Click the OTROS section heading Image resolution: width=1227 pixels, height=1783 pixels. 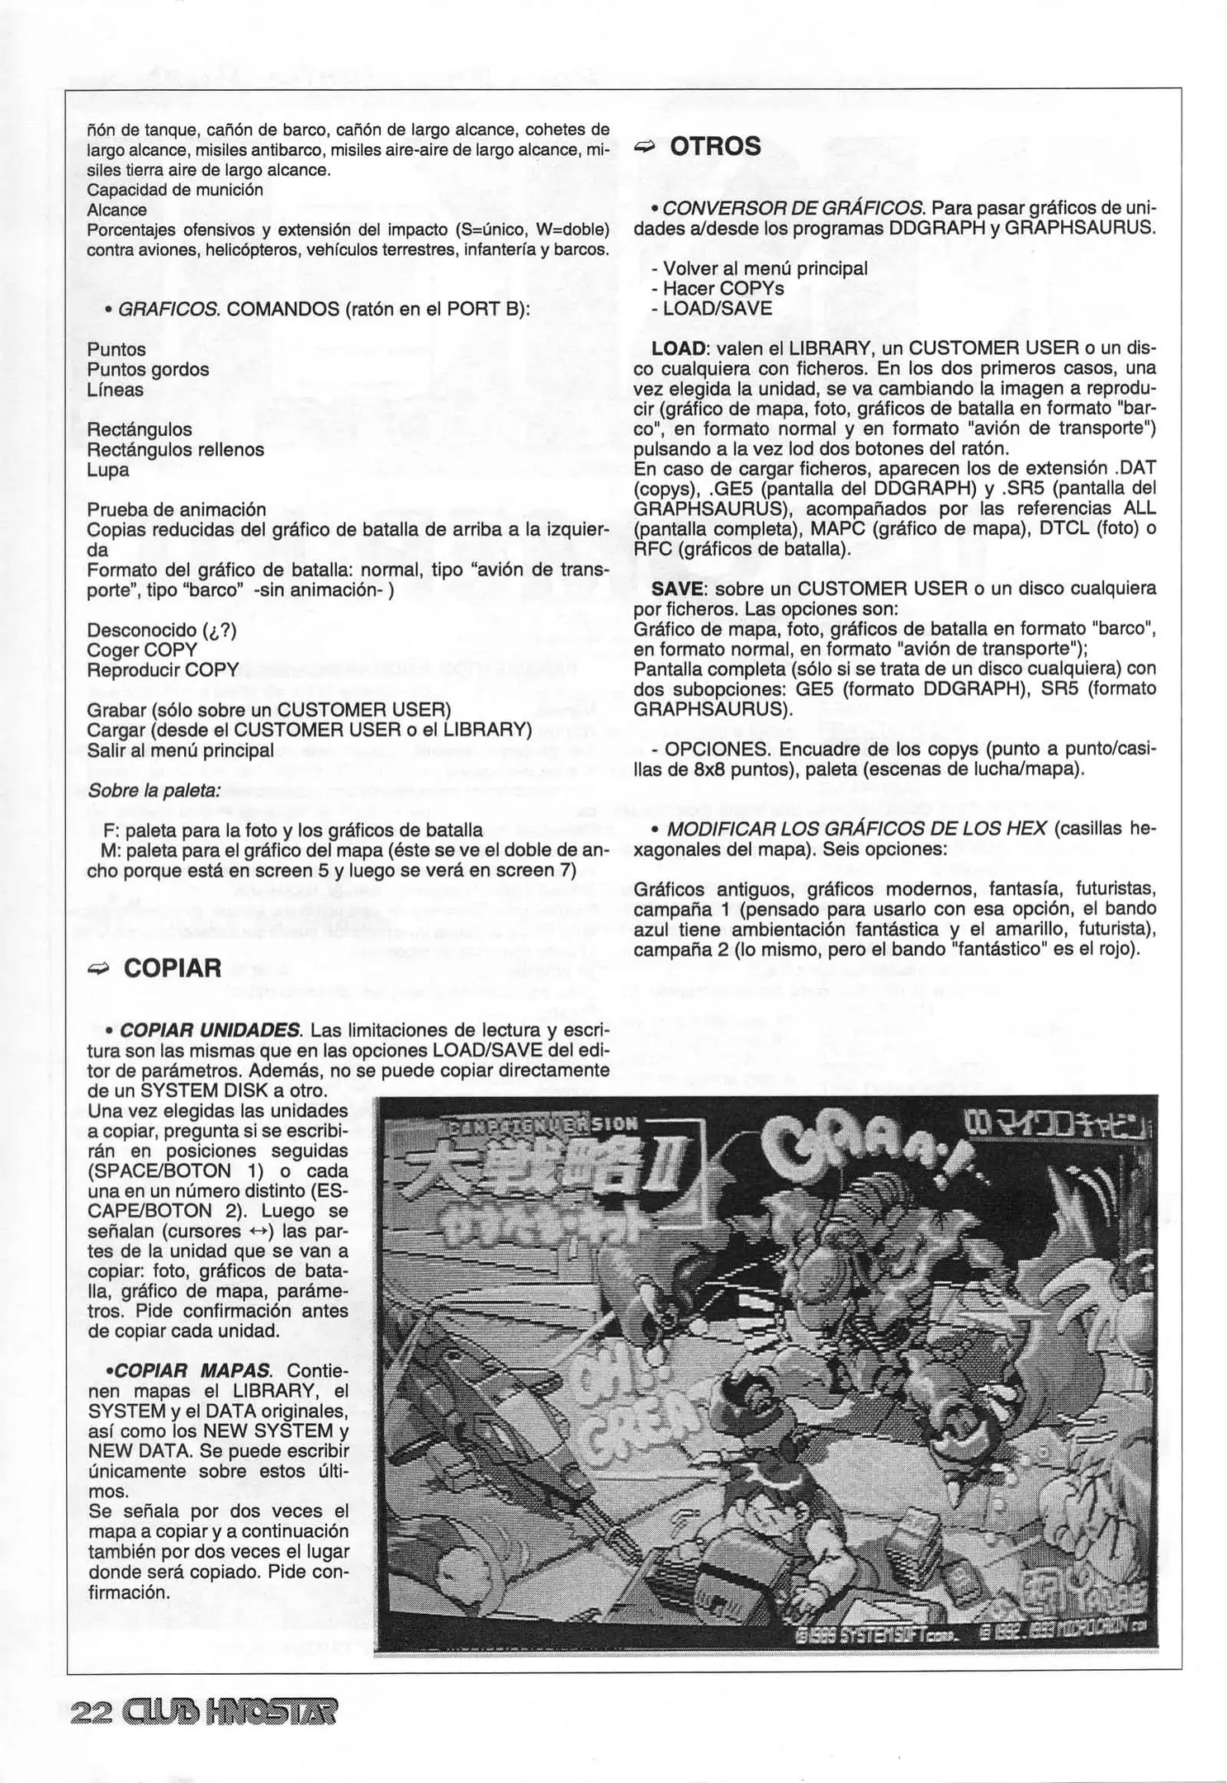click(x=715, y=146)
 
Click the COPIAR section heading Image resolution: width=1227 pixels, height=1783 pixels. click(x=173, y=967)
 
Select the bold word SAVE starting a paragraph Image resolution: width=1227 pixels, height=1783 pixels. click(x=676, y=589)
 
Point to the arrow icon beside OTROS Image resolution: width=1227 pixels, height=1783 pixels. click(x=644, y=147)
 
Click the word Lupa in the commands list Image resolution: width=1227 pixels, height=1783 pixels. click(x=108, y=471)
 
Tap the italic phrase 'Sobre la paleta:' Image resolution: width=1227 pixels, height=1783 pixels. click(x=154, y=790)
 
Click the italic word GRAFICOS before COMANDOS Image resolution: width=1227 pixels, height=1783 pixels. click(x=169, y=310)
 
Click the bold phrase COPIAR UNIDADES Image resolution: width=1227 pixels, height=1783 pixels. click(x=211, y=1031)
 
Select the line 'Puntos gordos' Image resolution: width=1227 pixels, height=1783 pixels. click(x=148, y=370)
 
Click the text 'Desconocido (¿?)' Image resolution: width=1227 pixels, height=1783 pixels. click(x=162, y=631)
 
